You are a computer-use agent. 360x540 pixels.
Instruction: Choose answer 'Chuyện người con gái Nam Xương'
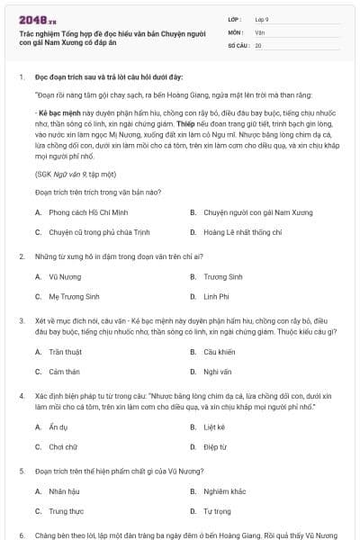(243, 212)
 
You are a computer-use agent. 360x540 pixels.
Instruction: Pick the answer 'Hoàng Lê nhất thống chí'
(235, 231)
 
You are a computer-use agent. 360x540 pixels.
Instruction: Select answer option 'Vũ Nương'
(63, 276)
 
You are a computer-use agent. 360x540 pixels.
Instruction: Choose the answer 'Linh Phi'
(217, 295)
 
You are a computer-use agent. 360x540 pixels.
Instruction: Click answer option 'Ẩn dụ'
(58, 427)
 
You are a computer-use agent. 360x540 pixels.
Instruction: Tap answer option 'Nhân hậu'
(64, 491)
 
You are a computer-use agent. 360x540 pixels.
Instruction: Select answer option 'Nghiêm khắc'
(224, 491)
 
